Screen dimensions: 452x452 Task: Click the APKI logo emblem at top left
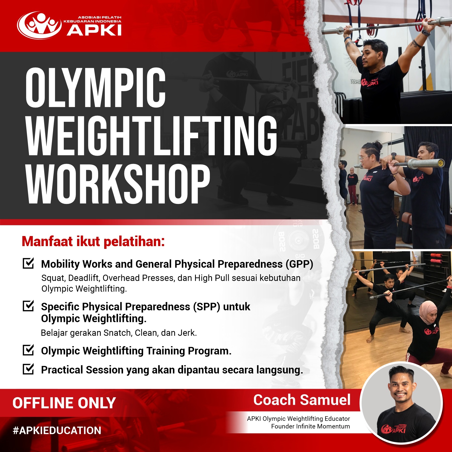(39, 25)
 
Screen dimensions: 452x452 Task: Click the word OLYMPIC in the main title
(96, 88)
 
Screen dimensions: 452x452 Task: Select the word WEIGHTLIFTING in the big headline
(152, 136)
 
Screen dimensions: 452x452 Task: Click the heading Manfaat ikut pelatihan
(93, 241)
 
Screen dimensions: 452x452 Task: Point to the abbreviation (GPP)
(299, 264)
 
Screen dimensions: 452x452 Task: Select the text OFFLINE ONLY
(64, 403)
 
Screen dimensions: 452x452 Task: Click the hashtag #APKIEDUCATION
(57, 430)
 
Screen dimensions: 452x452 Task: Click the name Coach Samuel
(302, 400)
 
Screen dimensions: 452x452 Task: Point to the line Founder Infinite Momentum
(310, 426)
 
